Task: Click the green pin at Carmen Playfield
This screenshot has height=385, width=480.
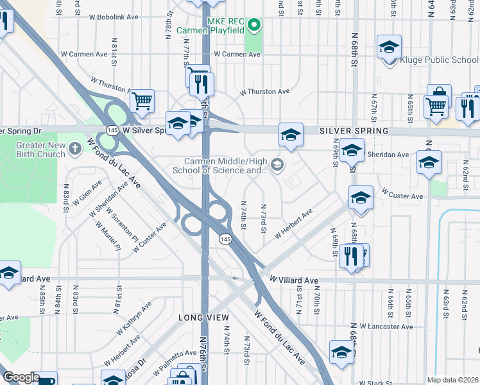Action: [254, 26]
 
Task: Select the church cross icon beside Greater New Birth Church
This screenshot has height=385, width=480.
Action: [76, 150]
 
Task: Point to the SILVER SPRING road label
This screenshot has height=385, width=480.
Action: [354, 131]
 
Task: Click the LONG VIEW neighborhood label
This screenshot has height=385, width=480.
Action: [204, 318]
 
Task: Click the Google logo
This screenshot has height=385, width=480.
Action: [21, 378]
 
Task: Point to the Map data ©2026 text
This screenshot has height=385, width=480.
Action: [452, 380]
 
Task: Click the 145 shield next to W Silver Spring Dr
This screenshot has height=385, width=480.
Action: [113, 130]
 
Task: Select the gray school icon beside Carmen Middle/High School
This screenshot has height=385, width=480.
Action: [277, 165]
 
